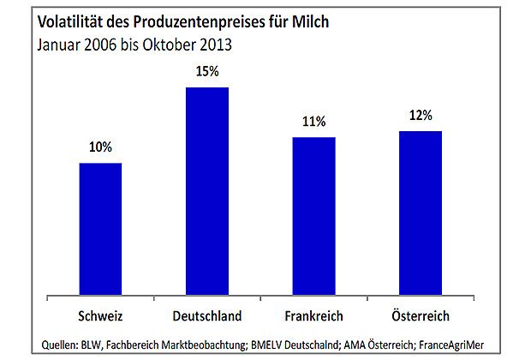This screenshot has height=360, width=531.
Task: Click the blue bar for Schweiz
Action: pos(100,230)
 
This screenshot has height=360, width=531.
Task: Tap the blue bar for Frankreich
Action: pos(313,217)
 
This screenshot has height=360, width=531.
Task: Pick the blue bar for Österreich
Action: pos(421,213)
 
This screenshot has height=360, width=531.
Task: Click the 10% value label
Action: pos(100,147)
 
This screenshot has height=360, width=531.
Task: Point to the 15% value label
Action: pos(207,72)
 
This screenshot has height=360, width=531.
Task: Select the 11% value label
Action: pos(313,122)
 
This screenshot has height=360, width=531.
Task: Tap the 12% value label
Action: pos(421,115)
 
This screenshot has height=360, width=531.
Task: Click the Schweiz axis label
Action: pos(100,315)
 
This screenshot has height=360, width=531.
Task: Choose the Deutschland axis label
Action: pos(207,315)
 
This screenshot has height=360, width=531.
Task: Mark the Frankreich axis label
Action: pos(313,315)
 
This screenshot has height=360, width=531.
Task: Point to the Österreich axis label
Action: pos(421,315)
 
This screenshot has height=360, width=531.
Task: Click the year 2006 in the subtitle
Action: pos(104,43)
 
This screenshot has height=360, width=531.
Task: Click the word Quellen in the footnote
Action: pos(63,345)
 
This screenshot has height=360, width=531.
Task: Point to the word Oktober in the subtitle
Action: pos(167,43)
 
